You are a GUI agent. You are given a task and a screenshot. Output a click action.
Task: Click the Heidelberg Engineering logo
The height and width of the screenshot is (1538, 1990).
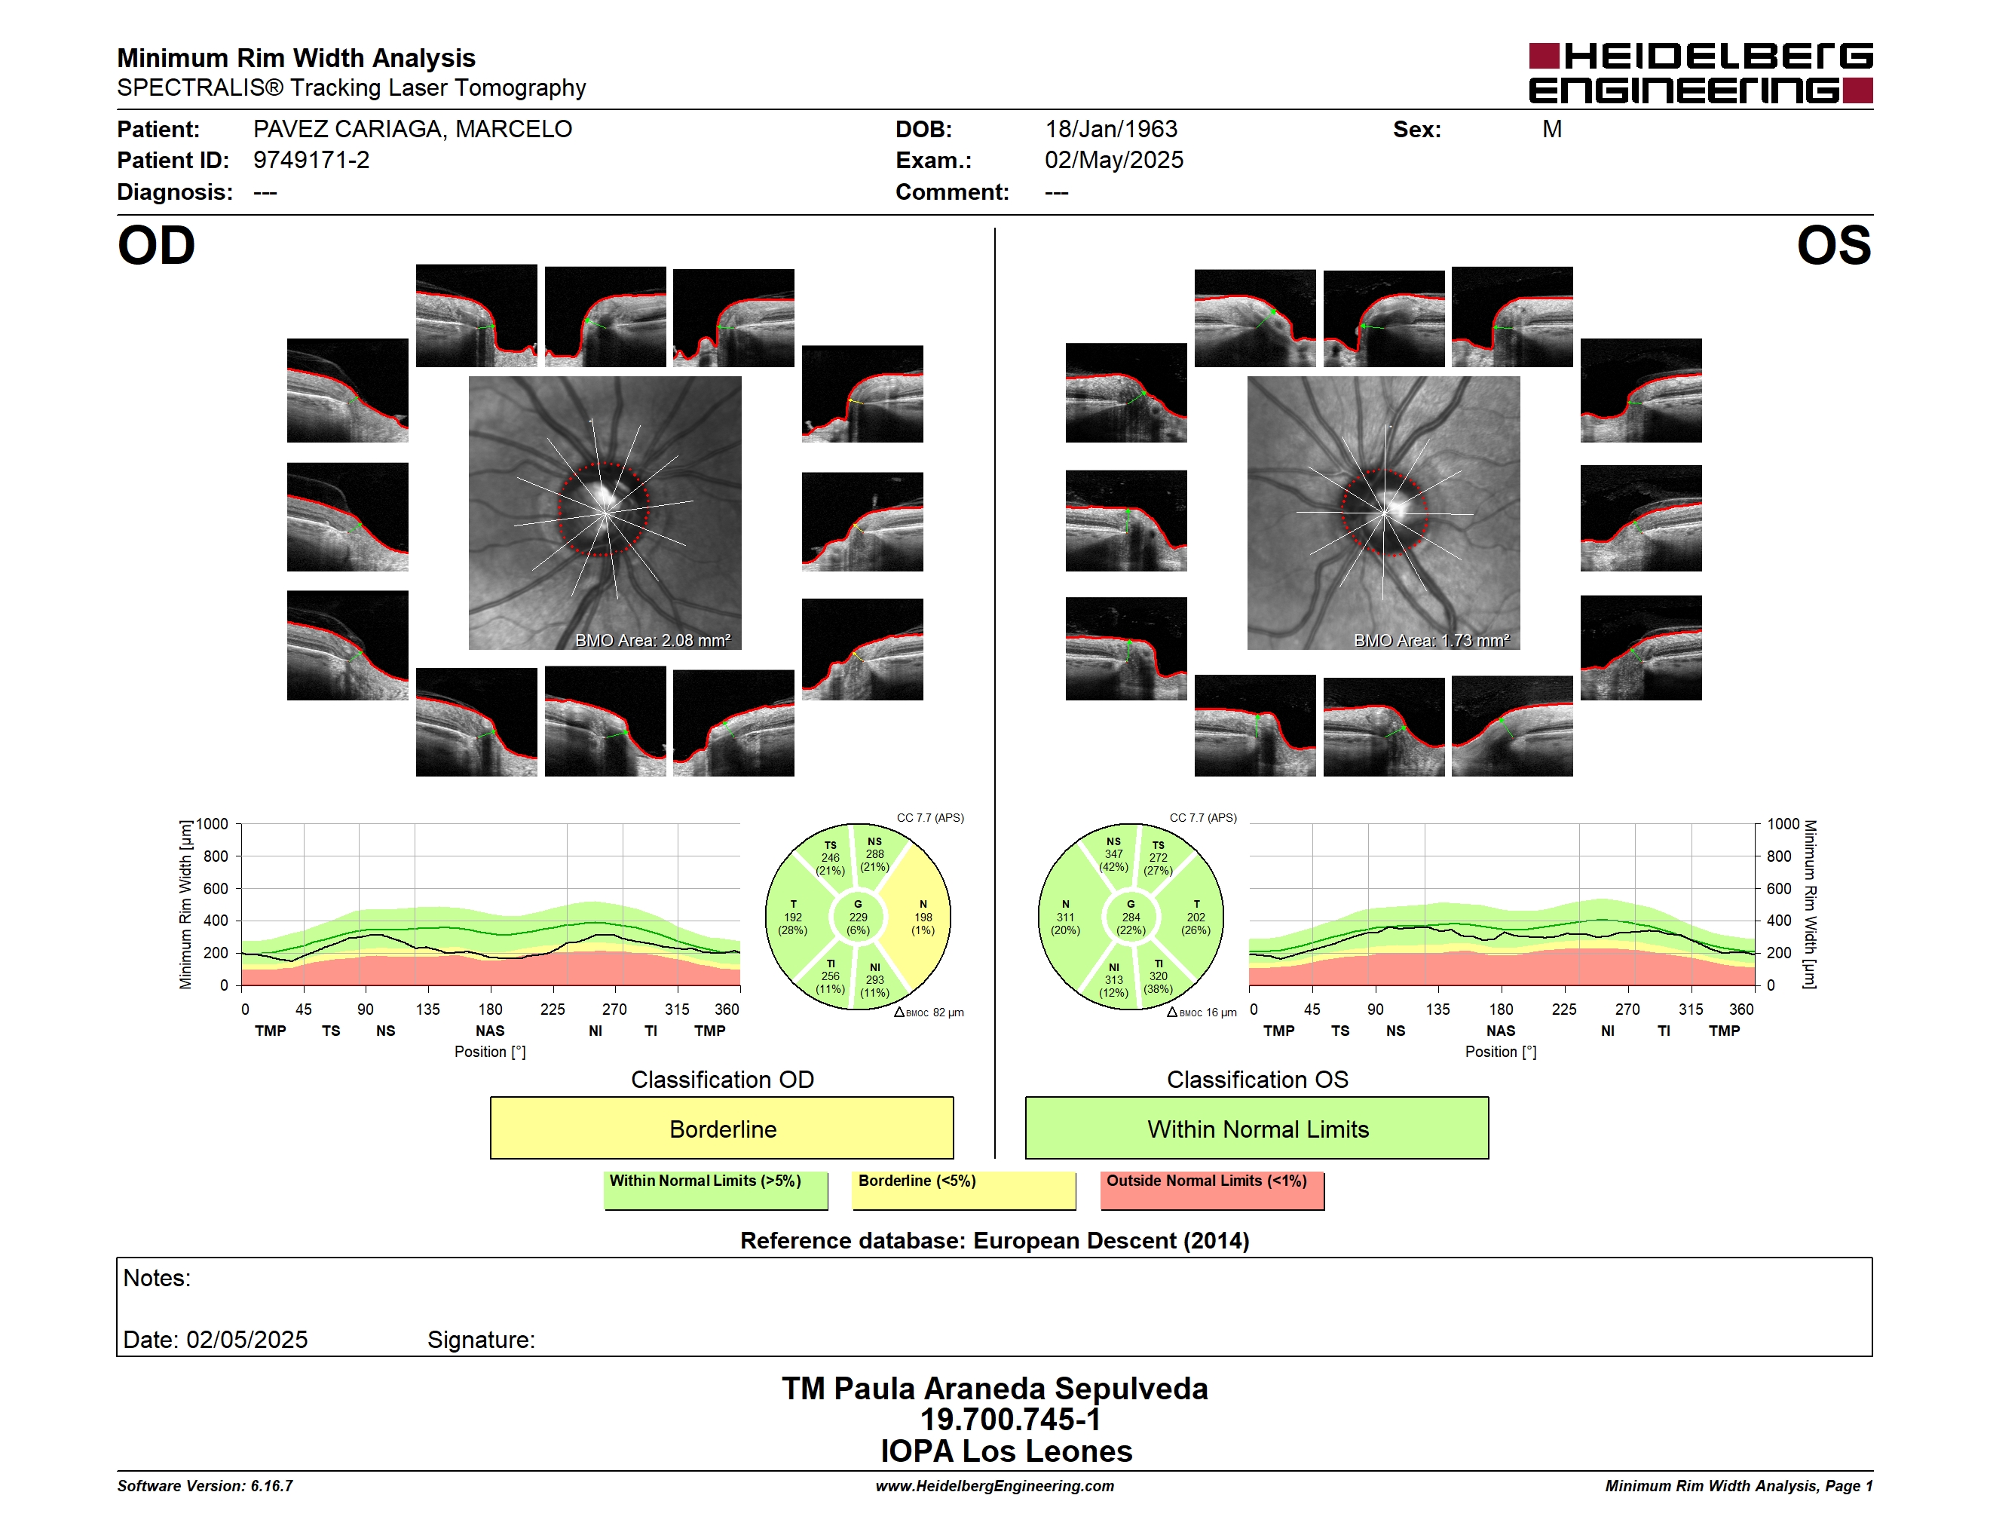1701,73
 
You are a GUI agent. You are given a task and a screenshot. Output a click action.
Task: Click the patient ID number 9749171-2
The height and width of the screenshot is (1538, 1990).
311,161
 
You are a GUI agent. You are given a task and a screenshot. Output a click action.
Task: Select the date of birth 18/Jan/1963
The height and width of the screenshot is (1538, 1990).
1111,130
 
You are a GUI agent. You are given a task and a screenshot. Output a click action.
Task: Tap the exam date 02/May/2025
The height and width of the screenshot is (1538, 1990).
1113,161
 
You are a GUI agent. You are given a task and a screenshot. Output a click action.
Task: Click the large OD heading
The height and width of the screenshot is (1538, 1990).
156,246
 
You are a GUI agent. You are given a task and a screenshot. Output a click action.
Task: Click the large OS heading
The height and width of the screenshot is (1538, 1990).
1833,246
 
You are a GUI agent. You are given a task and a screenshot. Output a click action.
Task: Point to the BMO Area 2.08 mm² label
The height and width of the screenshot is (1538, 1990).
652,641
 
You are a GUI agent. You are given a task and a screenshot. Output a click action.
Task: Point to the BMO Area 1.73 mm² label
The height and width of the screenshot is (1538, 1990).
1431,641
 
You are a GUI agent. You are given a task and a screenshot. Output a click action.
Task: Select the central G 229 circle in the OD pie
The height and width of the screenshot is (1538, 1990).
857,918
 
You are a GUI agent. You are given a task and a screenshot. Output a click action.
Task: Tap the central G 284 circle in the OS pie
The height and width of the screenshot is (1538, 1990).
1131,918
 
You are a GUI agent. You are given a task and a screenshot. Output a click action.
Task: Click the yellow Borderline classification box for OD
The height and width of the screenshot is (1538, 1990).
721,1128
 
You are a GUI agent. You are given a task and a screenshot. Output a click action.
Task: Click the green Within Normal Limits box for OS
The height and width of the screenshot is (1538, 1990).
1257,1128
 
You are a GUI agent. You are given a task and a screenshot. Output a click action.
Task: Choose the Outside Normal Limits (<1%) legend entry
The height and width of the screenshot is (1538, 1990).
1212,1190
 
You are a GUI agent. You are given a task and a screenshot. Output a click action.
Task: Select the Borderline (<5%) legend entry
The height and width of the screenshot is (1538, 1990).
964,1190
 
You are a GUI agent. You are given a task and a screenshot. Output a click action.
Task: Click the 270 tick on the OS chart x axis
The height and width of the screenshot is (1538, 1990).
1627,1010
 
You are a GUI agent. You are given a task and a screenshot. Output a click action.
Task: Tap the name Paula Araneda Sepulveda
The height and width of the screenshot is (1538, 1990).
1021,1389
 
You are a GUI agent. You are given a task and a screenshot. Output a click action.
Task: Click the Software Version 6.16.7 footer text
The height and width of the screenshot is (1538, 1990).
205,1486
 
